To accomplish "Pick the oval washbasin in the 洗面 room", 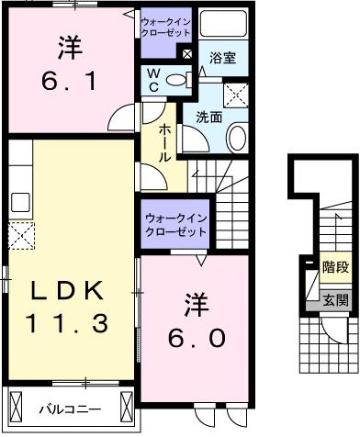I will (x=236, y=138).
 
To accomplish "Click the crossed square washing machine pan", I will (x=235, y=92).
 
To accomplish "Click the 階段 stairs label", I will (x=336, y=268).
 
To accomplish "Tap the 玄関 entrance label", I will (x=334, y=300).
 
